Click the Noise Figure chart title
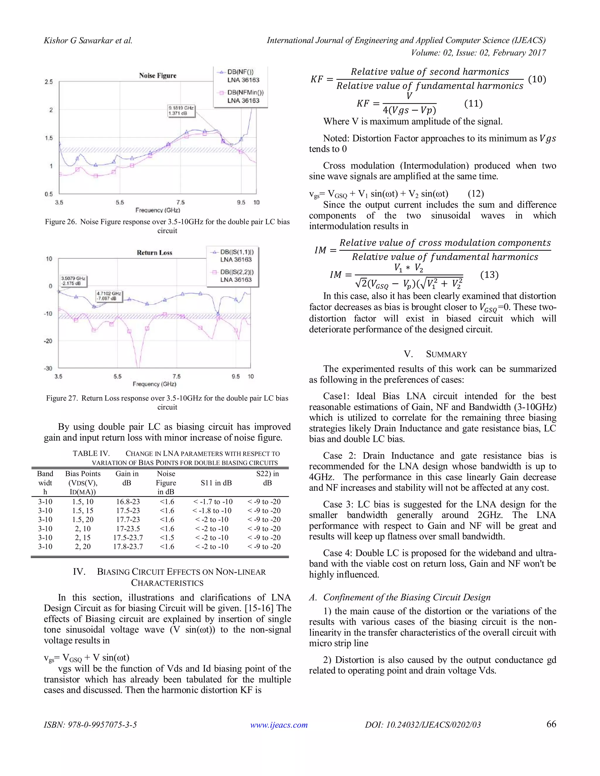157,76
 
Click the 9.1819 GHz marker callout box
181,110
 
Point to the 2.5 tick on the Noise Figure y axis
49,82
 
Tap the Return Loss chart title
154,253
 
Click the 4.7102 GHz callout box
109,296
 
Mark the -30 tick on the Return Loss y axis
48,368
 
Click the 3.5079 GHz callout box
73,281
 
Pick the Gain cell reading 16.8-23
128,502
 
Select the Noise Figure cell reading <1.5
167,538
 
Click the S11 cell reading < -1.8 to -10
212,511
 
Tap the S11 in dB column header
216,483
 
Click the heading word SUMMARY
446,354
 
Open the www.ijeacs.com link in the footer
279,725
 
